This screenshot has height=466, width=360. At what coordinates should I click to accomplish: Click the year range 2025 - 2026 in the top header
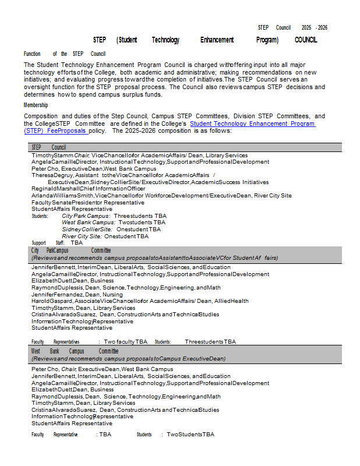[314, 27]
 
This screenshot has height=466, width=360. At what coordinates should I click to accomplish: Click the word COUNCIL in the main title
[306, 40]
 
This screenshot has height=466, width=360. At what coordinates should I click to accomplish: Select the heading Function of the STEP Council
[64, 54]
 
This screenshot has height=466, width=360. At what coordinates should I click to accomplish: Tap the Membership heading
[36, 105]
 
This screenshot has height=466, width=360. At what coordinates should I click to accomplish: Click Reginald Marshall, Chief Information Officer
[88, 189]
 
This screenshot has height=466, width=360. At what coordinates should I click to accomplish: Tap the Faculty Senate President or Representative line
[87, 202]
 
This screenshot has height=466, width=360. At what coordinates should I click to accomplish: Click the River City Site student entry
[105, 236]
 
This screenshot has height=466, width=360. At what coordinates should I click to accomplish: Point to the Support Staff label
[48, 243]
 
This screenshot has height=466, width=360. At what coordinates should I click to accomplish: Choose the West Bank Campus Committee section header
[75, 351]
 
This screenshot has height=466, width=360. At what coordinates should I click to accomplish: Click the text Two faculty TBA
[125, 342]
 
